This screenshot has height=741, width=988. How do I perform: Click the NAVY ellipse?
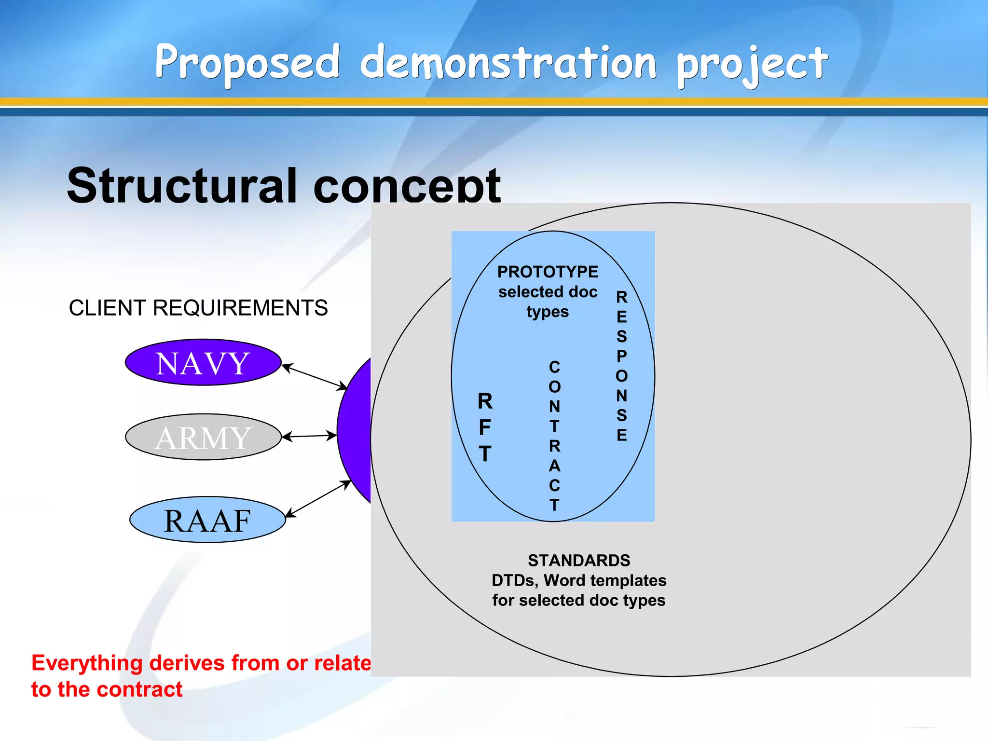[203, 362]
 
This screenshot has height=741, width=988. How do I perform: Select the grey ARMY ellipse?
[203, 437]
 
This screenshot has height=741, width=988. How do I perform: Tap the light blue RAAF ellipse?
[207, 520]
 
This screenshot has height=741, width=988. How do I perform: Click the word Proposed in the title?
[247, 63]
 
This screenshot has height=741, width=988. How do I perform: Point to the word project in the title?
[752, 65]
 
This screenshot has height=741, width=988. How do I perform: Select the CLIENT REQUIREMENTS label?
[198, 308]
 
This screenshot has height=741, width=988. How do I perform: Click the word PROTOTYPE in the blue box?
[548, 272]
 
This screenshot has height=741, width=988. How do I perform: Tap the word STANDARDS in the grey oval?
[578, 560]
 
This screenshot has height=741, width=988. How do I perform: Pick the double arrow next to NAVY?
[314, 377]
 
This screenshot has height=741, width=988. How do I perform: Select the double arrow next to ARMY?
[309, 436]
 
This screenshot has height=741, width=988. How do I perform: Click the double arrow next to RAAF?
[318, 499]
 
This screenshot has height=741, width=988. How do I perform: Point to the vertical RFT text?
[485, 427]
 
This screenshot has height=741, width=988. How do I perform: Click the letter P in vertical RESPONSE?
[621, 356]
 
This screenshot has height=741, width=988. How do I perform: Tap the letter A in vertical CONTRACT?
[554, 466]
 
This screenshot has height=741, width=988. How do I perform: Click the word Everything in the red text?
[87, 663]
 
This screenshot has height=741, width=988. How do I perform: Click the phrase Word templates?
[605, 580]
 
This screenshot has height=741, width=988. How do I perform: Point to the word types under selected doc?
[548, 312]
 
